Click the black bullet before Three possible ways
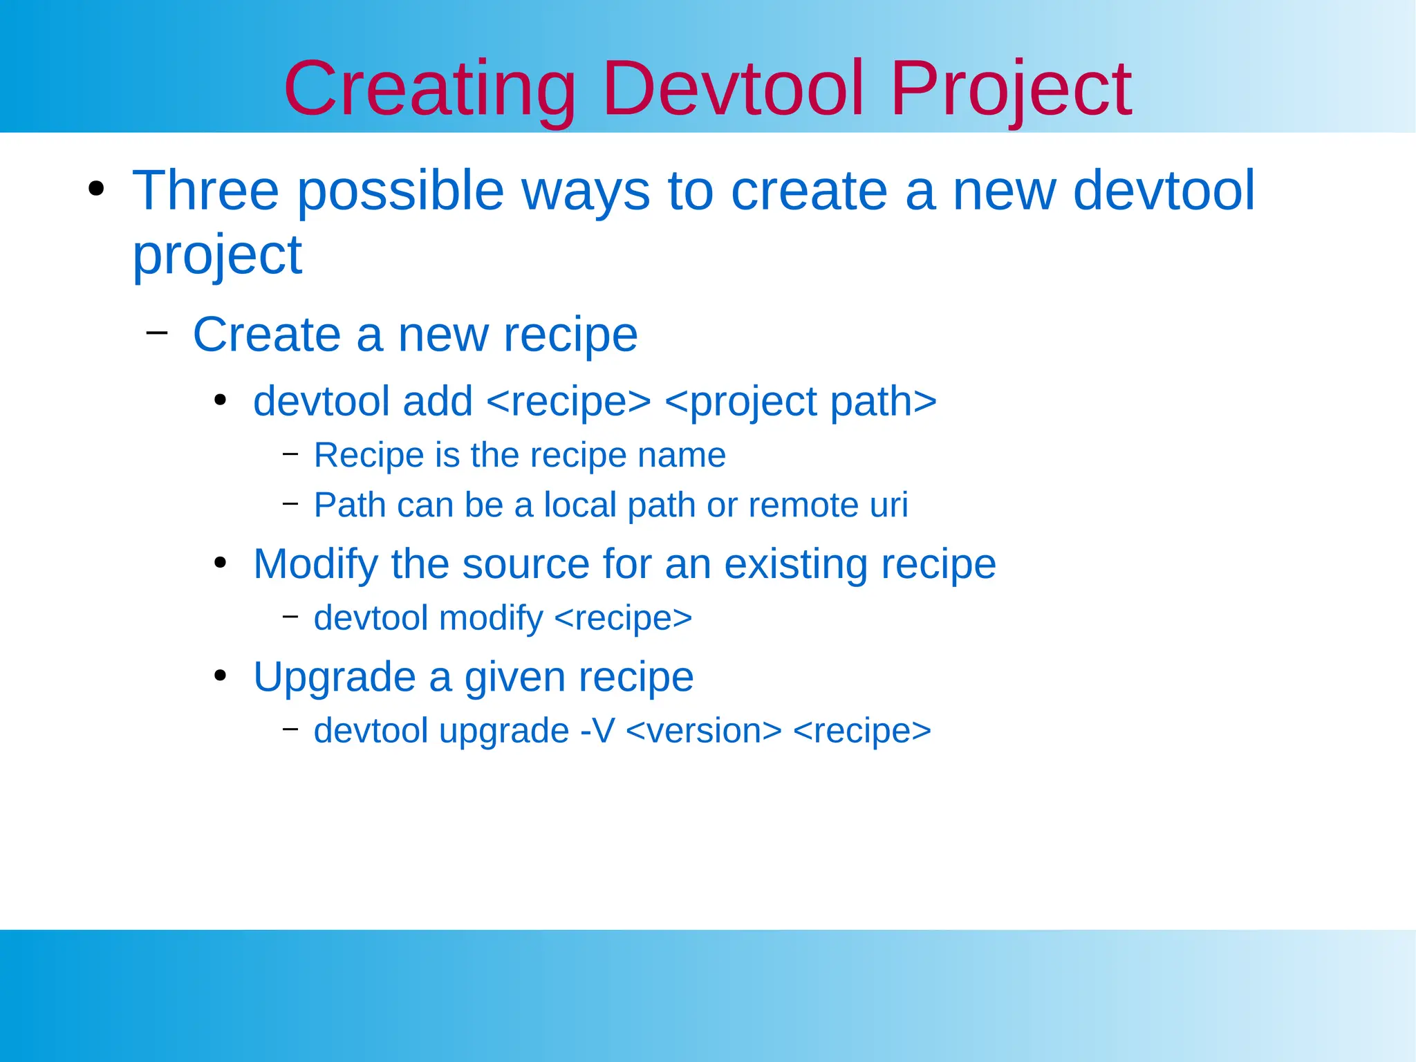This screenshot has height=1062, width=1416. pos(96,189)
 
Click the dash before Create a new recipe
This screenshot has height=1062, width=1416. pos(157,333)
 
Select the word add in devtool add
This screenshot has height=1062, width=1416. pos(438,401)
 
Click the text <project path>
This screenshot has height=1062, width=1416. pos(800,402)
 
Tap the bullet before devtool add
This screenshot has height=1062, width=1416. pos(221,400)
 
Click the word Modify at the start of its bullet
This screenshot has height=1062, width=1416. pos(315,564)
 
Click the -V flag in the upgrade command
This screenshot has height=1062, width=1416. pos(597,731)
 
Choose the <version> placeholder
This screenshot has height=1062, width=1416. pos(703,731)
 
